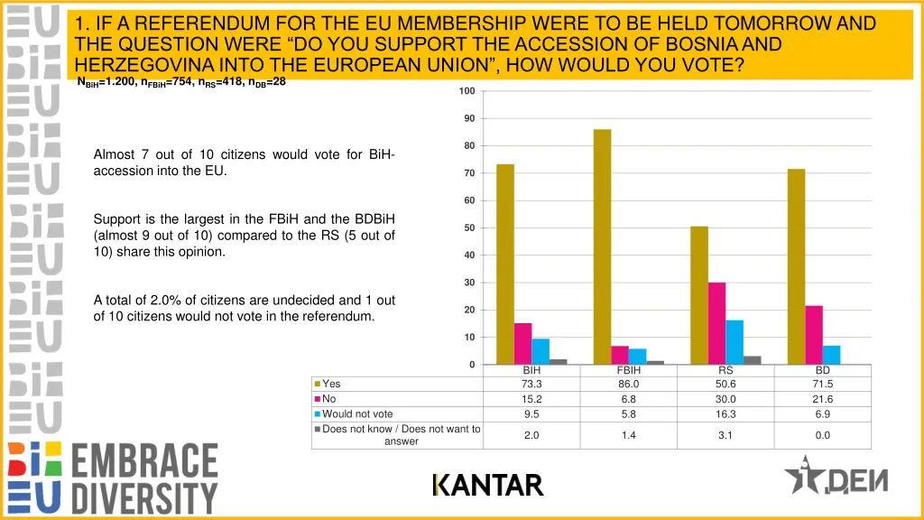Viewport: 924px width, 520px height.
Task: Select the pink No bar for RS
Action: coord(716,323)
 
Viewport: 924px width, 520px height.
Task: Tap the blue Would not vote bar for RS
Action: coord(734,342)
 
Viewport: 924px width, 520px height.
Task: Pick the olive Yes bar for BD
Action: coord(796,266)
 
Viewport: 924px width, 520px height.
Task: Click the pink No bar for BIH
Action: coord(523,343)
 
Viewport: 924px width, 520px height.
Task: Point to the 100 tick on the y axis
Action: coord(467,91)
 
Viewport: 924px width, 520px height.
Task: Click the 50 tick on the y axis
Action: coord(469,227)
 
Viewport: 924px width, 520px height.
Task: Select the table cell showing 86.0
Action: coord(628,384)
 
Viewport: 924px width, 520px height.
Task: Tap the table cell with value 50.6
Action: coord(725,384)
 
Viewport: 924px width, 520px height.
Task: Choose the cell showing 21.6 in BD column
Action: coord(822,399)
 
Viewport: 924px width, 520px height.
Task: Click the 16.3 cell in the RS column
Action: coord(725,414)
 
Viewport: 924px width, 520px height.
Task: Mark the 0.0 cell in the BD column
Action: coord(822,435)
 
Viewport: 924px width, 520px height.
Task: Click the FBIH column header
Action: coord(628,370)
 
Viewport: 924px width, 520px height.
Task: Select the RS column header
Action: coord(725,370)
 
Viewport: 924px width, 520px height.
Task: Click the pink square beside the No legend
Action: coord(318,399)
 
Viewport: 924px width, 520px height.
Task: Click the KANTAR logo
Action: coord(487,486)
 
